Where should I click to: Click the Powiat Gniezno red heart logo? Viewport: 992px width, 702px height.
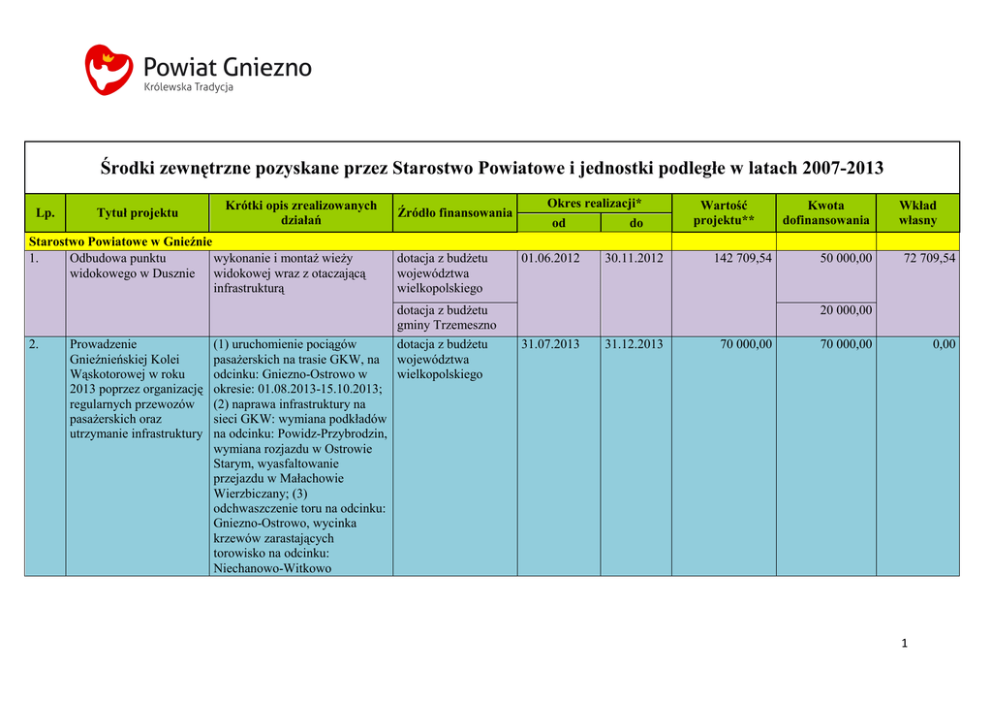coord(108,69)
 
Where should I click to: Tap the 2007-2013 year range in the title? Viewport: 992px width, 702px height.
coord(842,169)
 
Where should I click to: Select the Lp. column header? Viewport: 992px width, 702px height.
coord(45,212)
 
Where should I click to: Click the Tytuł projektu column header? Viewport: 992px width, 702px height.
coord(137,212)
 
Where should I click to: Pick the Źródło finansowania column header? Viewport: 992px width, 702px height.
coord(454,212)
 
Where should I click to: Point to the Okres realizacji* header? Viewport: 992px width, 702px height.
coord(594,203)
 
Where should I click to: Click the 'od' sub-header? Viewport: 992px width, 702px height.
coord(558,223)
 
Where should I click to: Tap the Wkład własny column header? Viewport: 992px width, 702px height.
coord(917,212)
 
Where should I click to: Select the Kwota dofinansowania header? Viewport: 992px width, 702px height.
coord(825,212)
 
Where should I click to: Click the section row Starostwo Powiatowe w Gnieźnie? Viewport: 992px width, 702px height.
coord(120,240)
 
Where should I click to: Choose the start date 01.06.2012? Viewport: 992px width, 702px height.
coord(549,259)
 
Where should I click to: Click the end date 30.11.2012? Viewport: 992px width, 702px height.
coord(634,259)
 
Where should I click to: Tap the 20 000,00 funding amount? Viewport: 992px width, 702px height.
coord(846,310)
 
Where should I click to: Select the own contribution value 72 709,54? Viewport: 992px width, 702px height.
coord(923,259)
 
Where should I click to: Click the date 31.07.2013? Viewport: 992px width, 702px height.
coord(549,344)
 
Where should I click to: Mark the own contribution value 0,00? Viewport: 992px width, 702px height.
coord(944,344)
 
